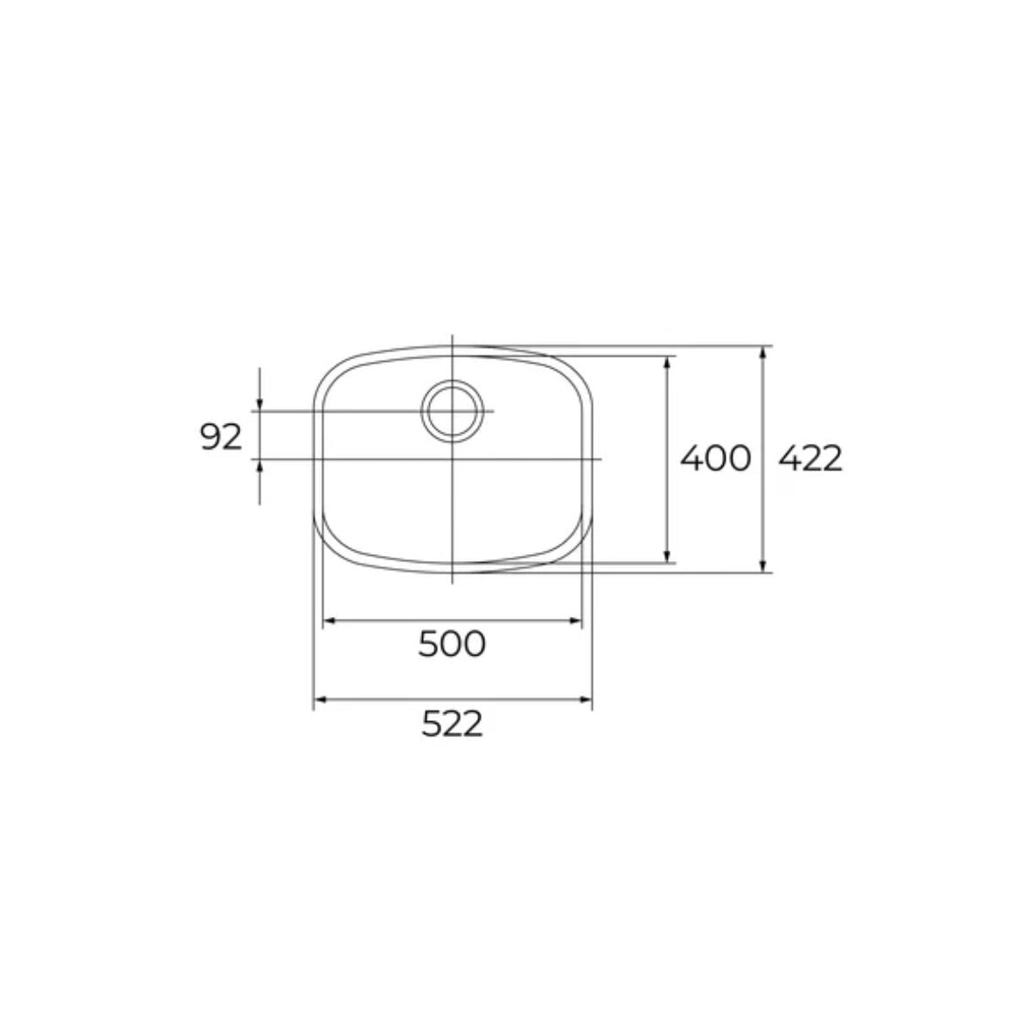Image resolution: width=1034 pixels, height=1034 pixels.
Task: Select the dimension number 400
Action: [715, 458]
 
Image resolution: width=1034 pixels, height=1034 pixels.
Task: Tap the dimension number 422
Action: [810, 458]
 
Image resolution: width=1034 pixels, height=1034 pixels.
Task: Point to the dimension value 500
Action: [452, 643]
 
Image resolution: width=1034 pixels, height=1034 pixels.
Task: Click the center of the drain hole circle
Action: [452, 410]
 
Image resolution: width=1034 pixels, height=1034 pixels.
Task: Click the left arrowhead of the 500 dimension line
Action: [327, 620]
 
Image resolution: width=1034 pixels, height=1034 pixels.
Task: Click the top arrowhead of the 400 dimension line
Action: [667, 360]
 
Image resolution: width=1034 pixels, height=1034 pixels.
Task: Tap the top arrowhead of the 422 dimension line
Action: [763, 352]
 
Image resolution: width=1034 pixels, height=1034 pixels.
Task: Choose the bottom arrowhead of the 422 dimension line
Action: [763, 566]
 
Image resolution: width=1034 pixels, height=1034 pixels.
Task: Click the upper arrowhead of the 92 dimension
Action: [260, 405]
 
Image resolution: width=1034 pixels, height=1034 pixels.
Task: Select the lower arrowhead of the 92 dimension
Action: [260, 464]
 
